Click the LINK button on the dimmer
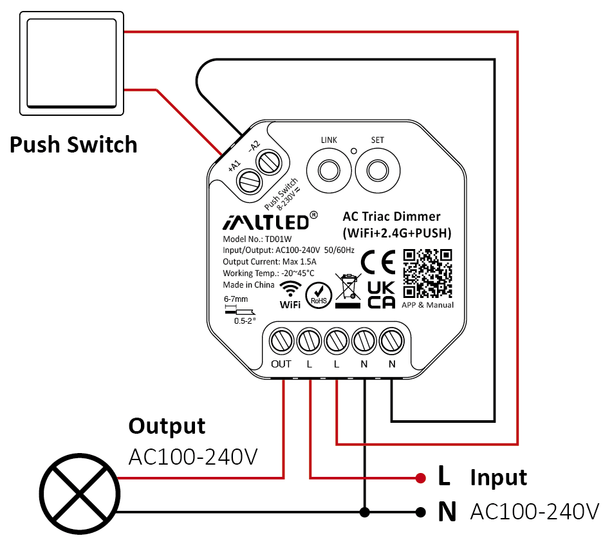click(329, 171)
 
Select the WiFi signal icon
click(291, 288)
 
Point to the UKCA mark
click(380, 295)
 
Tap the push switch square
click(71, 63)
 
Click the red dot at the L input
click(420, 478)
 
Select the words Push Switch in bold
click(73, 144)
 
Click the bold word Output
click(167, 425)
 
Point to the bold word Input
click(498, 478)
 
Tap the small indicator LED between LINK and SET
click(353, 151)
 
